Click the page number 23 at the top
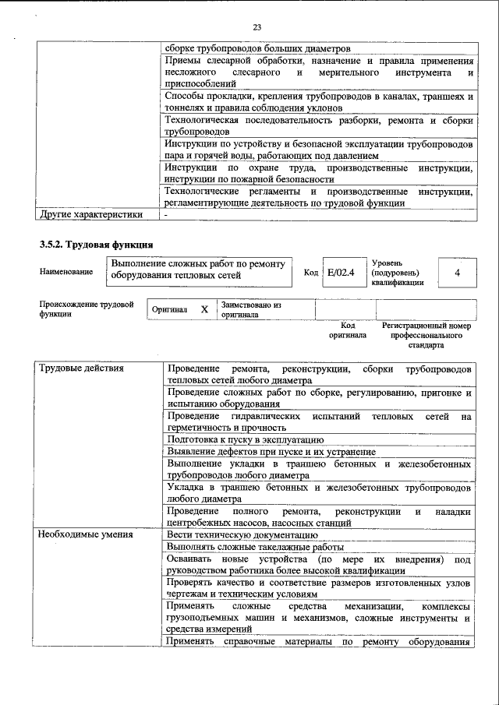click(x=257, y=27)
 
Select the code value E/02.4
click(x=341, y=273)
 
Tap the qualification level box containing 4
click(x=457, y=273)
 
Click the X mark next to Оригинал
click(x=204, y=309)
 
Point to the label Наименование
click(x=65, y=272)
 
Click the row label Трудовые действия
click(x=82, y=368)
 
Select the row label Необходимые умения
click(x=86, y=534)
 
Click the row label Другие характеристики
click(x=91, y=214)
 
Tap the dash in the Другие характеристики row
click(x=166, y=214)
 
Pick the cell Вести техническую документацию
click(x=242, y=534)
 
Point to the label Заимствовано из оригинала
click(x=251, y=309)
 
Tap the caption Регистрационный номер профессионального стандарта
click(x=426, y=335)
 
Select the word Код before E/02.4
click(x=310, y=273)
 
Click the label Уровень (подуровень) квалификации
click(x=398, y=273)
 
